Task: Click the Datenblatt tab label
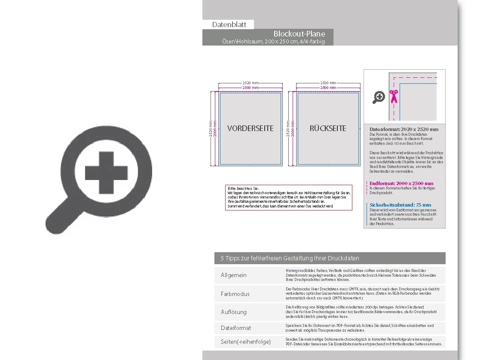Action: [229, 24]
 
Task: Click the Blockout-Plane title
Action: [299, 34]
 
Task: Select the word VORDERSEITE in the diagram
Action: [250, 128]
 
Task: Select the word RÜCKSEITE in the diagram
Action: [328, 128]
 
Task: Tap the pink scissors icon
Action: [393, 97]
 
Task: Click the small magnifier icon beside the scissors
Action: [379, 98]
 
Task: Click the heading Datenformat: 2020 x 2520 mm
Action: [404, 129]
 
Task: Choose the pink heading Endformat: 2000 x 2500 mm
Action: [401, 183]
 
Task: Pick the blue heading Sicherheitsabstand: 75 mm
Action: [400, 205]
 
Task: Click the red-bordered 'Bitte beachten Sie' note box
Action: [289, 198]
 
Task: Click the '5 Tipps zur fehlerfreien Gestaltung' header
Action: [290, 258]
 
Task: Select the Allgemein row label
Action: [234, 275]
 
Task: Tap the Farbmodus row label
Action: [235, 294]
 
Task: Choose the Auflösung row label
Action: [234, 312]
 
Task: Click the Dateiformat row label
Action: [236, 328]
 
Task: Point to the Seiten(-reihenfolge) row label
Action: [246, 342]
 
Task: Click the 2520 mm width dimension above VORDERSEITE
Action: [250, 83]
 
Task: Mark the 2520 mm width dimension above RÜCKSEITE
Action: [328, 83]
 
